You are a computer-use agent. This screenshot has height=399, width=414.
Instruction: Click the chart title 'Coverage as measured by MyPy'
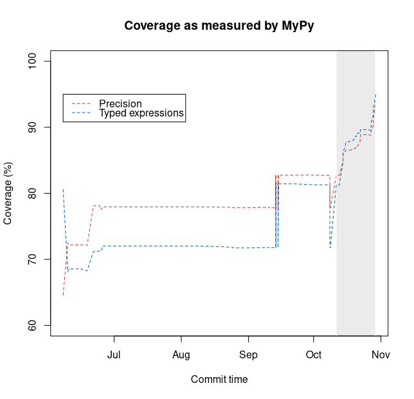(x=219, y=26)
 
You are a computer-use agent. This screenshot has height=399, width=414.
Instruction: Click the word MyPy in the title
(x=298, y=26)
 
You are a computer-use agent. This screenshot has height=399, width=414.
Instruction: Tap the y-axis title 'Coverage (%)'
(x=8, y=193)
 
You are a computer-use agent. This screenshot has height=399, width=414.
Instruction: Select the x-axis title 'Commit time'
(x=219, y=379)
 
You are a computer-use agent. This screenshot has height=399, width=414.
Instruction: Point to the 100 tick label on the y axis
(x=38, y=61)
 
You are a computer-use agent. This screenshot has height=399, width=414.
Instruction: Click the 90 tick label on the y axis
(x=38, y=127)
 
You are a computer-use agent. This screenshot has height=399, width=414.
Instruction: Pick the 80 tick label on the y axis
(x=38, y=193)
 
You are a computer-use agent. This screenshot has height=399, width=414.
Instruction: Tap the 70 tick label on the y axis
(x=38, y=259)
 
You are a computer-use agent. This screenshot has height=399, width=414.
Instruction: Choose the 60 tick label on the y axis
(x=38, y=326)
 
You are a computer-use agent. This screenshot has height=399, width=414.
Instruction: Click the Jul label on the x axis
(x=114, y=355)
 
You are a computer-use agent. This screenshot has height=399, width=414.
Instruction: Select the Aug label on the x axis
(x=181, y=355)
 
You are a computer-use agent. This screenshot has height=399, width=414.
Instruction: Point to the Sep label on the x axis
(x=248, y=355)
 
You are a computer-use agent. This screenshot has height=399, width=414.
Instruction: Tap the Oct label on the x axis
(x=313, y=355)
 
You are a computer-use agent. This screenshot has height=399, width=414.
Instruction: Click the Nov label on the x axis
(x=381, y=355)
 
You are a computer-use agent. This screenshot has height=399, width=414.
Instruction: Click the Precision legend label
(x=120, y=104)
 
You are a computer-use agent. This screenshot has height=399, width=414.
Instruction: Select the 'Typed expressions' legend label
(x=141, y=113)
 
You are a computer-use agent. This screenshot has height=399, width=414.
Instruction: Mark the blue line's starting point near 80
(x=63, y=189)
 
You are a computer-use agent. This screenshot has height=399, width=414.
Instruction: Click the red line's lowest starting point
(x=63, y=295)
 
